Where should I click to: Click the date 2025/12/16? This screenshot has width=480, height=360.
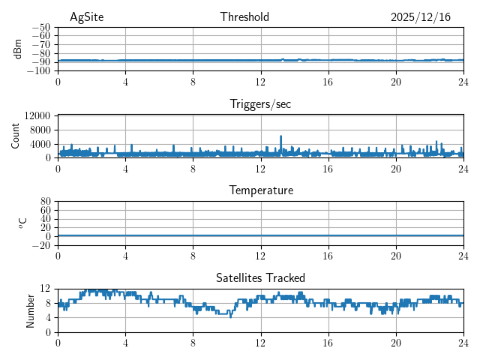(x=421, y=17)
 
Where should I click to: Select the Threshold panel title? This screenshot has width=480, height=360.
(x=244, y=17)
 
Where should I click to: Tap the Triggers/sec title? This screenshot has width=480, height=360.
(x=260, y=104)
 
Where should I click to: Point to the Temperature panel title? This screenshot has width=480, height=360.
(x=260, y=190)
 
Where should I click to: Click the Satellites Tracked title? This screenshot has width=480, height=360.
(x=260, y=277)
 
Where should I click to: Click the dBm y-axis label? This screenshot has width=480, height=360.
(x=18, y=49)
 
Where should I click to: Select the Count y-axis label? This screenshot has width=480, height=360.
(x=16, y=136)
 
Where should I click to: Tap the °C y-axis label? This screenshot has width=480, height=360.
(x=22, y=223)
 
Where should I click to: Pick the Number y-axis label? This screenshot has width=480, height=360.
(x=31, y=310)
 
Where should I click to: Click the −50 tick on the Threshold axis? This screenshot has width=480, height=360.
(x=40, y=27)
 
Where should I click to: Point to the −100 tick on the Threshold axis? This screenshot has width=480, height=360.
(x=38, y=71)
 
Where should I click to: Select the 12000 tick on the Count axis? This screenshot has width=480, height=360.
(x=37, y=115)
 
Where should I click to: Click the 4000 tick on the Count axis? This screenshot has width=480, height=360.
(x=40, y=144)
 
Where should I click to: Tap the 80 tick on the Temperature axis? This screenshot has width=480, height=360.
(x=45, y=202)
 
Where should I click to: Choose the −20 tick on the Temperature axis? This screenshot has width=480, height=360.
(x=40, y=245)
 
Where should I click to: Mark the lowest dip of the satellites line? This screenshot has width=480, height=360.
(x=230, y=316)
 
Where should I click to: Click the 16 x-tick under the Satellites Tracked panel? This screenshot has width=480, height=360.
(x=328, y=342)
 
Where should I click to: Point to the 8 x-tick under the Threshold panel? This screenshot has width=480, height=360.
(x=193, y=81)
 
